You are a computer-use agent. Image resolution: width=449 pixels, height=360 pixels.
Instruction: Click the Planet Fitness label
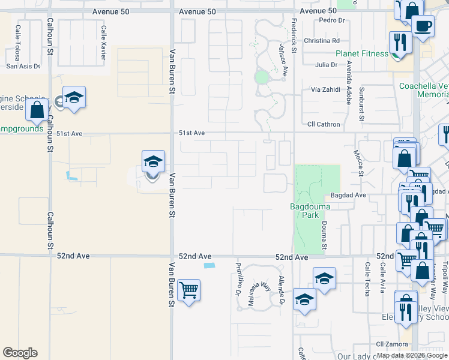coord(361,53)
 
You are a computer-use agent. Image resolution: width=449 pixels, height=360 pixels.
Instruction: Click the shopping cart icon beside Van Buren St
coord(189,290)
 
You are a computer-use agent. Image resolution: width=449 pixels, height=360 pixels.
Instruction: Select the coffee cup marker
coord(423,26)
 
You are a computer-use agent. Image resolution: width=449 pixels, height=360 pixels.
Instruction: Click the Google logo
coord(20,353)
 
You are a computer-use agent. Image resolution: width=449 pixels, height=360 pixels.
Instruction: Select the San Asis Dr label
coord(23,67)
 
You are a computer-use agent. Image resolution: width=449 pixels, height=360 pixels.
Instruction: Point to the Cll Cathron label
coord(324,125)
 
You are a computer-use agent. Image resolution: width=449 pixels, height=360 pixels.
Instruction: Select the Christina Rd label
coord(322,41)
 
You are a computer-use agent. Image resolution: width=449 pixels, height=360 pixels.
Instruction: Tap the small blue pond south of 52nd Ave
coord(209,265)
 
